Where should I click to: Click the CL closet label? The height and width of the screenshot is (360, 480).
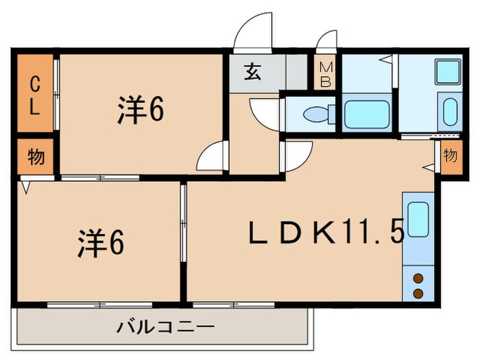pyautogui.click(x=34, y=95)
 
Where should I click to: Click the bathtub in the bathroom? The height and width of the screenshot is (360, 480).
pyautogui.click(x=368, y=115)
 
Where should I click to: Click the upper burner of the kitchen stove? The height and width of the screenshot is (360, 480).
pyautogui.click(x=418, y=278)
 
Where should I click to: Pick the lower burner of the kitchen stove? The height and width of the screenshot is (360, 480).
pyautogui.click(x=418, y=293)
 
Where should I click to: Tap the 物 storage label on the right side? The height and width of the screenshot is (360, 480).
pyautogui.click(x=449, y=155)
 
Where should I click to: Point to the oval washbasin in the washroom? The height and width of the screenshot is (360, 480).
pyautogui.click(x=450, y=111)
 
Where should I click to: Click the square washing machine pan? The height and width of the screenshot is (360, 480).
pyautogui.click(x=448, y=71)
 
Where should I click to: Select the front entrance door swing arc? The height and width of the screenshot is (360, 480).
pyautogui.click(x=252, y=33)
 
